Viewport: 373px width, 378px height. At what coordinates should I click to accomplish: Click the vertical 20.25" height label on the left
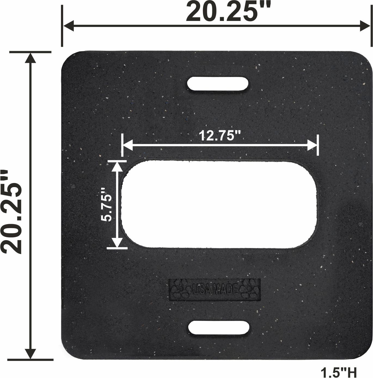coord(11,212)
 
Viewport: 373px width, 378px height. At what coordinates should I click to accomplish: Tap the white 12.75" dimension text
coord(220,135)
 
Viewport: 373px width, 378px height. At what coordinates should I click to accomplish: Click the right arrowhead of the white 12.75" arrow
coord(312,145)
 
